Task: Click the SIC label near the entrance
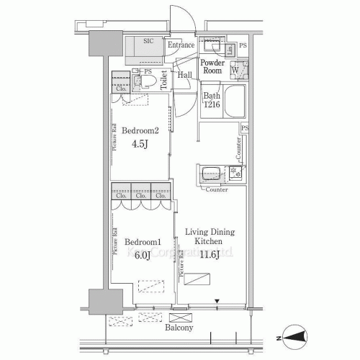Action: (x=148, y=42)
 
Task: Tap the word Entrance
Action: (x=181, y=45)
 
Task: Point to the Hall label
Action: (x=185, y=75)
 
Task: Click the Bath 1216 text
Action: (x=212, y=100)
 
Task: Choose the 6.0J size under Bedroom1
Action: (x=140, y=255)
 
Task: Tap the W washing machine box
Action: (x=235, y=70)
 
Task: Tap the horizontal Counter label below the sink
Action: (x=217, y=190)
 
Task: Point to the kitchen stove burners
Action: (x=235, y=174)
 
